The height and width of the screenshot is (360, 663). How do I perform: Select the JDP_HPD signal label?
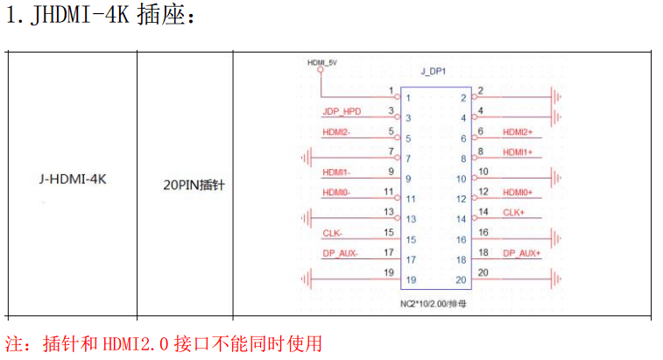coord(342,112)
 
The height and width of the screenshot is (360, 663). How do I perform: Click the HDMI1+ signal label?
coord(518,152)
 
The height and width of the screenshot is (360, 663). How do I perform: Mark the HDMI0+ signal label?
coord(518,193)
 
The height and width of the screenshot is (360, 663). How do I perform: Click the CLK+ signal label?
coord(514,213)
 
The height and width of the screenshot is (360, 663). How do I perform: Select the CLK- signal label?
coord(332,233)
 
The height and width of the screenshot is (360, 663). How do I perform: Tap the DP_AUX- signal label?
coord(340,253)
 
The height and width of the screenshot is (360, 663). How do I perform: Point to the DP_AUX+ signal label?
coord(521,253)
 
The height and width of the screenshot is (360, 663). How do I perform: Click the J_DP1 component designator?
coord(434,71)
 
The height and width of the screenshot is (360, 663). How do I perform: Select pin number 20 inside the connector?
coord(461,280)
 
